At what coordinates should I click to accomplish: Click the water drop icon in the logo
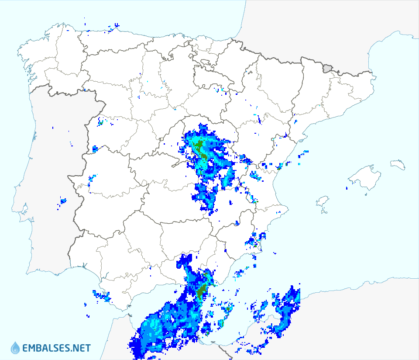15,348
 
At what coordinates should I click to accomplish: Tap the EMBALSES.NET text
56,348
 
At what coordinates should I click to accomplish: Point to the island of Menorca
398,165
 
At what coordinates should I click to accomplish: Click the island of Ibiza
322,201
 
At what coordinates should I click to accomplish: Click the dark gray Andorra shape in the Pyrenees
327,68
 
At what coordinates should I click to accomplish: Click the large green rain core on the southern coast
201,291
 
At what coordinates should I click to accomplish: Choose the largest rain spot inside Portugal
63,201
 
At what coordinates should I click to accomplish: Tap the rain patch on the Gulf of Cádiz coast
102,296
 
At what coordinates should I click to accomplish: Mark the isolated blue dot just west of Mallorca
347,188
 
